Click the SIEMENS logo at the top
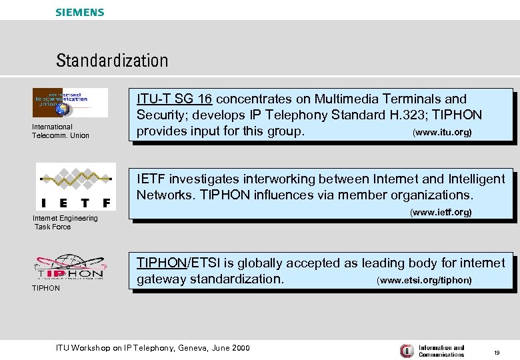point(80,12)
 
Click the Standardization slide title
point(112,61)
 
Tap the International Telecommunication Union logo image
point(70,103)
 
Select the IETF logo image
point(75,187)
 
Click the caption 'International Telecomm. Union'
point(60,131)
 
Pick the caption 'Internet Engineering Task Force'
point(65,223)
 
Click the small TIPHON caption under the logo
point(46,288)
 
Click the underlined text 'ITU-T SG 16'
point(174,99)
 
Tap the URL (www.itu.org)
point(443,133)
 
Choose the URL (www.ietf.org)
point(440,213)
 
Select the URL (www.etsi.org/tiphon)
point(424,281)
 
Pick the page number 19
point(497,351)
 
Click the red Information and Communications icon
point(406,351)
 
